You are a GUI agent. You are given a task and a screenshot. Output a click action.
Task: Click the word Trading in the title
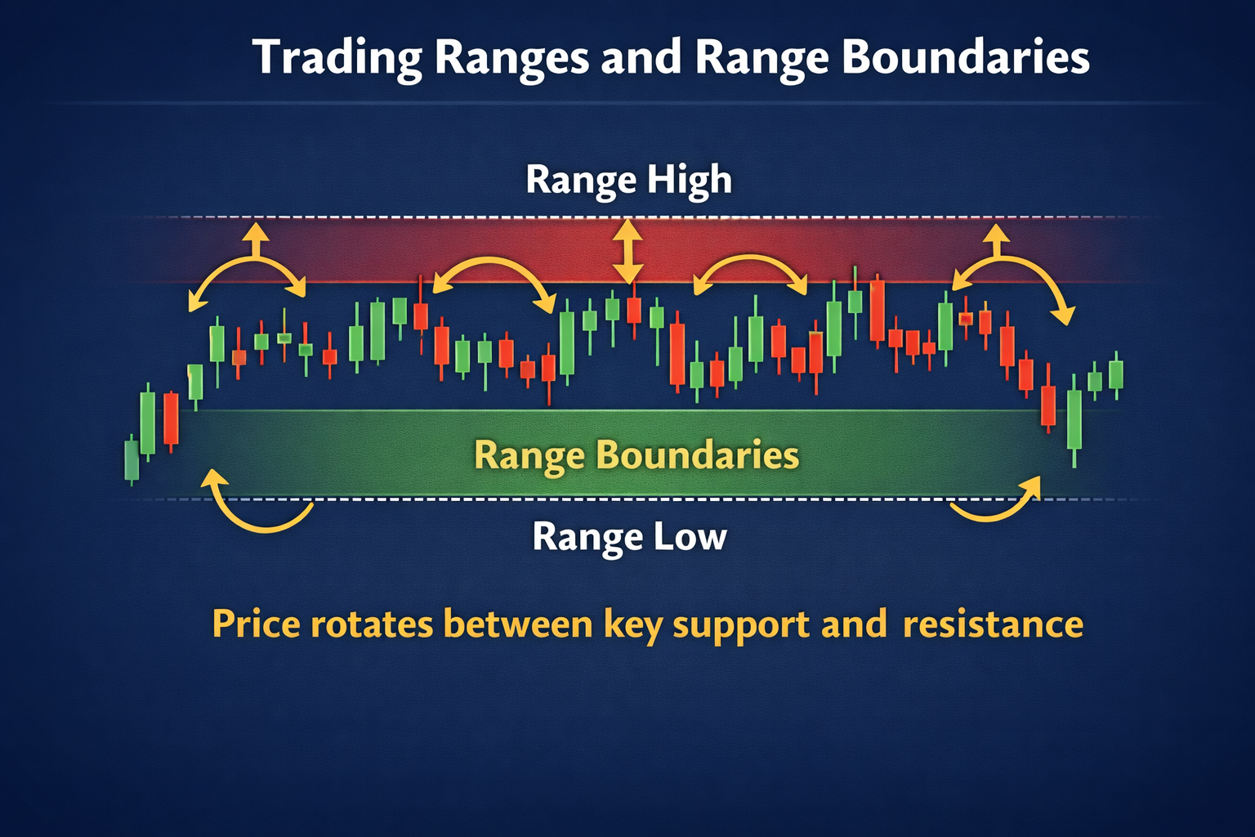[337, 58]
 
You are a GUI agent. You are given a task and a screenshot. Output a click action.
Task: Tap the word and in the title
[641, 58]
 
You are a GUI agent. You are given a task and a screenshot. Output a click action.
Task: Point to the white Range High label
[628, 180]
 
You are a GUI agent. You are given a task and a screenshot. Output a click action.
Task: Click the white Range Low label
[629, 537]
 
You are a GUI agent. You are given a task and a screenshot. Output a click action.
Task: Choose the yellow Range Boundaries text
[636, 455]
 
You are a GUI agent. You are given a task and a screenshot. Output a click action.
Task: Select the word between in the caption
[517, 624]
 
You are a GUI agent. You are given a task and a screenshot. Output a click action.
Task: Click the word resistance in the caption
[993, 624]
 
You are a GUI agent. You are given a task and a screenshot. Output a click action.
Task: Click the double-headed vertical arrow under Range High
[627, 251]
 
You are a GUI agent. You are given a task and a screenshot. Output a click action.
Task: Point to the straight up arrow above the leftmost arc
[256, 240]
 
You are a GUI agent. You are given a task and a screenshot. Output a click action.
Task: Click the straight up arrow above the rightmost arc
[996, 240]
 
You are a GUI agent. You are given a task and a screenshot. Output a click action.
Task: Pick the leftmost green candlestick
[132, 459]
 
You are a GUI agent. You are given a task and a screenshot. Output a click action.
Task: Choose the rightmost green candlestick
[1116, 374]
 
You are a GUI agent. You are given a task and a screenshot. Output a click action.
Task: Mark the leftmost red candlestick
[171, 419]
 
